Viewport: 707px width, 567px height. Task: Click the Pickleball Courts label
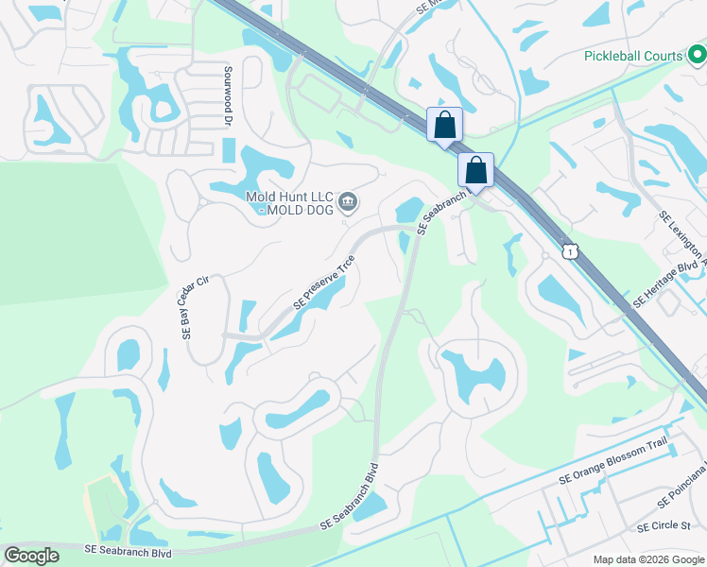pos(632,56)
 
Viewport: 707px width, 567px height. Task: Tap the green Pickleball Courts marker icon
pos(697,56)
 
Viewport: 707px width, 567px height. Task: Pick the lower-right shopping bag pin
pos(476,170)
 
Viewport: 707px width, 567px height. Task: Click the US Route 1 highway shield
pos(567,249)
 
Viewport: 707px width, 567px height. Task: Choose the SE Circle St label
pos(664,526)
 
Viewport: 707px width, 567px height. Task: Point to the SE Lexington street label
pos(681,236)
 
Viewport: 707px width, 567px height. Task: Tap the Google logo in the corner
pos(31,556)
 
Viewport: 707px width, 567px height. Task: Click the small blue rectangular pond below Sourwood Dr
pos(229,149)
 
